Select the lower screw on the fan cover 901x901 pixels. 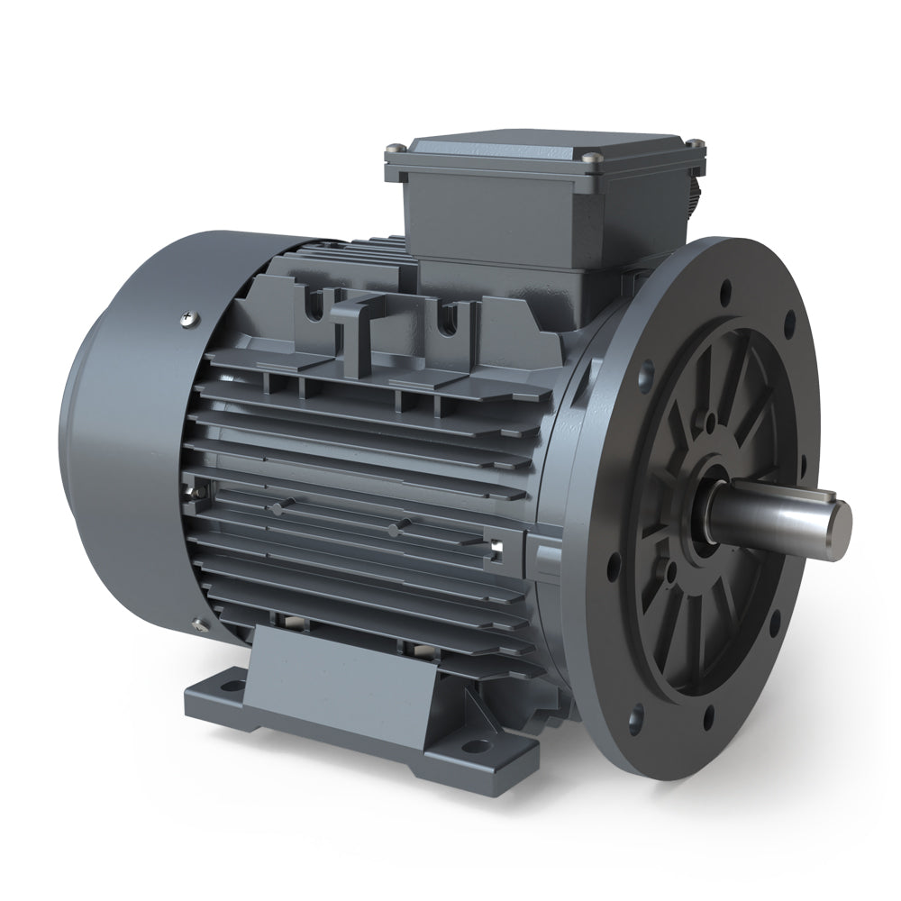pyautogui.click(x=196, y=621)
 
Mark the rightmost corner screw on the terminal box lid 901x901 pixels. pyautogui.click(x=695, y=141)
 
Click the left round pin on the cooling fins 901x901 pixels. pyautogui.click(x=277, y=509)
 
